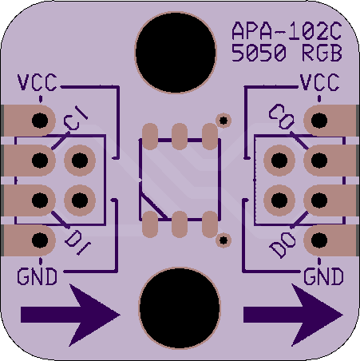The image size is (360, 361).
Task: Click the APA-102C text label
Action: [x=287, y=31]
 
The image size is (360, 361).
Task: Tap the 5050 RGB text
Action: [x=287, y=53]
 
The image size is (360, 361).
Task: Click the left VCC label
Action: [x=37, y=82]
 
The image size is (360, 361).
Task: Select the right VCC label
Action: [x=319, y=82]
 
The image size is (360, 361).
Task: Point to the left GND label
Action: [x=37, y=276]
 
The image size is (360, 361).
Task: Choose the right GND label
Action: [x=323, y=276]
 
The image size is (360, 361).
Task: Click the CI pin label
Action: [x=76, y=118]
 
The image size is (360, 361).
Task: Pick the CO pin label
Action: [x=282, y=117]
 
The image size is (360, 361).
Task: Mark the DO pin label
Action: [x=283, y=245]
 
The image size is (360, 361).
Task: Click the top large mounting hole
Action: [x=176, y=53]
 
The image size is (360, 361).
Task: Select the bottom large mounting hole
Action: [x=180, y=307]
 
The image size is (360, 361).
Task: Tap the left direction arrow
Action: [x=70, y=315]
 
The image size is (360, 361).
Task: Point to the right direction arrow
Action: [x=293, y=315]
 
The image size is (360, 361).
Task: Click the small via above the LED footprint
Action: [x=224, y=121]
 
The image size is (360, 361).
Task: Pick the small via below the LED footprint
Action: [x=224, y=240]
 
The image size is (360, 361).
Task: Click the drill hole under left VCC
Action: [x=40, y=121]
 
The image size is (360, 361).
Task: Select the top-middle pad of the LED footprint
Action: [x=180, y=137]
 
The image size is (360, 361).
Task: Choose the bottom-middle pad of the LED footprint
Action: [x=180, y=224]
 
